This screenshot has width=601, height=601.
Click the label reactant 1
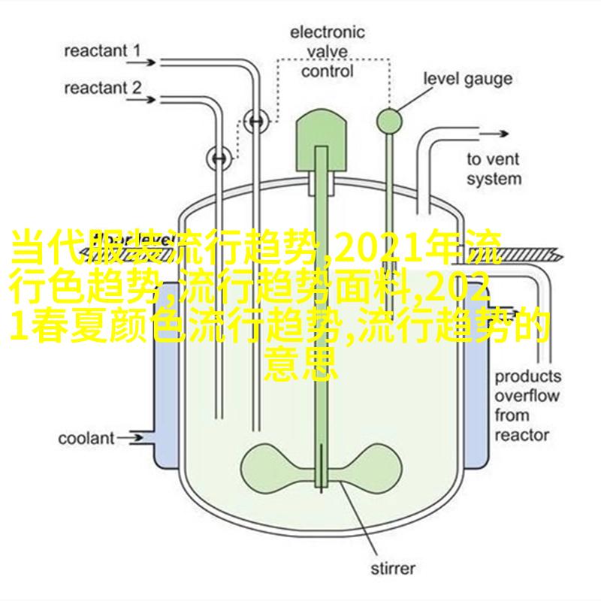102,51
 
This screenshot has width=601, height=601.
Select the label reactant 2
103,88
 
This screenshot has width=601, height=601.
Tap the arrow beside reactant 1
141,62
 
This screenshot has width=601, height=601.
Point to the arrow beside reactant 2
141,100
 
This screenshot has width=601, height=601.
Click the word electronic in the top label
327,32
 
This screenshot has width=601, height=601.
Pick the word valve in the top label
328,52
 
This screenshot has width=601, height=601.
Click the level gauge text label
467,79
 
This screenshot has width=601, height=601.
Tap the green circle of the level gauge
389,122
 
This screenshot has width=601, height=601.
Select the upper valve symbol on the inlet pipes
256,121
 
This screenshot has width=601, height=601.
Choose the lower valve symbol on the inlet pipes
219,159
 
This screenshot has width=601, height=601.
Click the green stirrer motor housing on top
321,140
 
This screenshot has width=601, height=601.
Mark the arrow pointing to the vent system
494,134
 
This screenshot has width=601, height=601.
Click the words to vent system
494,169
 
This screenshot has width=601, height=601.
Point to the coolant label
86,438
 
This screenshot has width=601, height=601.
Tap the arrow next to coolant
130,438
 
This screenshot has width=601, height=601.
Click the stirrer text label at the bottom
393,568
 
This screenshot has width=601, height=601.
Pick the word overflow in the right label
527,396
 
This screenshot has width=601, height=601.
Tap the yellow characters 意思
302,364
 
